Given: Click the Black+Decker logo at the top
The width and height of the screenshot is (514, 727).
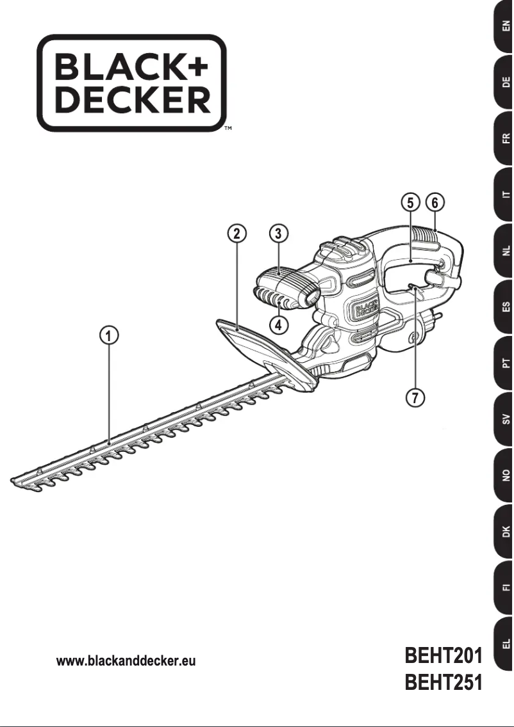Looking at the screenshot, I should [132, 84].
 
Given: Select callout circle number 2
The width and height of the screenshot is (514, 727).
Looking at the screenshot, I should [237, 233].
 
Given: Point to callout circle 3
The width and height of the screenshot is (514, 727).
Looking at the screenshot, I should [278, 233].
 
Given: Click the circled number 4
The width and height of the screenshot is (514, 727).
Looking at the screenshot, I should [278, 324].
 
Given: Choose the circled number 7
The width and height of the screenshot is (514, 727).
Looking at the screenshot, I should [415, 397].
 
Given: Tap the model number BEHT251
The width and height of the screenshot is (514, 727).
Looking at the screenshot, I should [443, 683].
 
